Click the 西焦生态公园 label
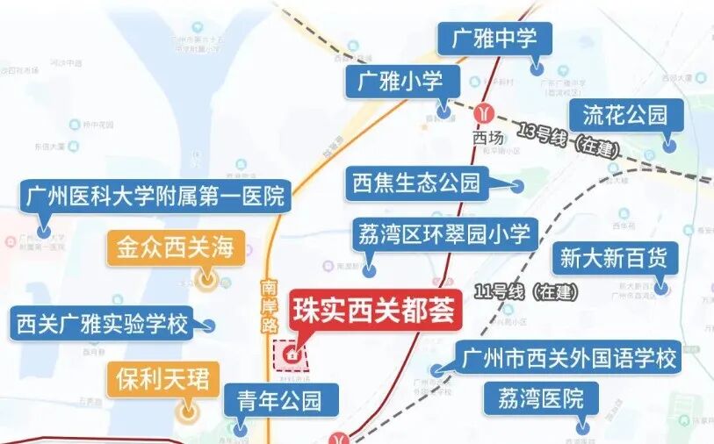[x=416, y=183]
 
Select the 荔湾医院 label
[x=540, y=400]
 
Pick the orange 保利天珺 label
[x=162, y=380]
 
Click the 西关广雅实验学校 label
[x=102, y=325]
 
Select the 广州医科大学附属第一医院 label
[x=155, y=196]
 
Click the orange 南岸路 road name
[x=269, y=305]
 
